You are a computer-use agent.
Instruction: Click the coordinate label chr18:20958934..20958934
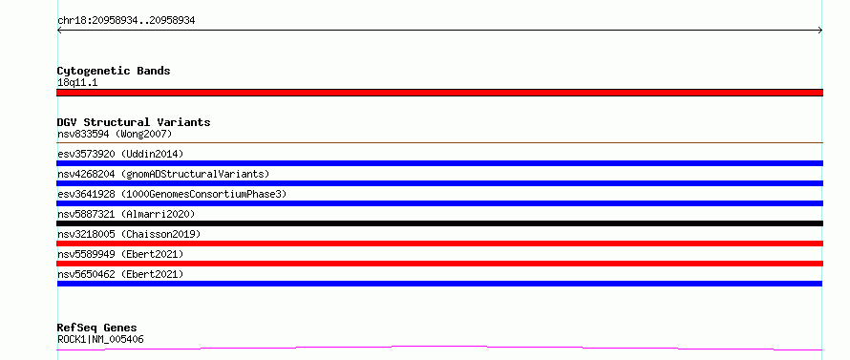pos(126,21)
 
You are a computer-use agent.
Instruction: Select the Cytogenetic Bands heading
pos(114,71)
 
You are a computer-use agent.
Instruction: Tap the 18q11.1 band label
pos(77,83)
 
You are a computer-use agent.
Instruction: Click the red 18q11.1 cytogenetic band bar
pos(439,93)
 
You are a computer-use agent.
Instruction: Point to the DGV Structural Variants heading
pos(134,122)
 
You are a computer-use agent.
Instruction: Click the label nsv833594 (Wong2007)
pos(115,134)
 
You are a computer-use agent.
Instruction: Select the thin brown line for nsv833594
pos(439,142)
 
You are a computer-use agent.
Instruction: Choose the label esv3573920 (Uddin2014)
pos(120,154)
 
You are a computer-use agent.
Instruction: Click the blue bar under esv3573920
pos(439,163)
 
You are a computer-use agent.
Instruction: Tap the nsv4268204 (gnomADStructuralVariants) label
pos(163,174)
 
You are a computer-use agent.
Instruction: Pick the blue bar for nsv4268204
pos(439,183)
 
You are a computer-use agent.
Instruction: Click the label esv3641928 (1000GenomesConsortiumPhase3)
pos(172,194)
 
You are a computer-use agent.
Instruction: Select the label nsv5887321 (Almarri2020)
pos(126,214)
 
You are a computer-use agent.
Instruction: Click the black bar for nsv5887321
pos(439,223)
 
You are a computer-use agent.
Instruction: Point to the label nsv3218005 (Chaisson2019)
pos(129,234)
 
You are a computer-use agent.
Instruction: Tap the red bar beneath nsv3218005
pos(439,244)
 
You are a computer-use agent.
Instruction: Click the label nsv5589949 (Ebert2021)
pos(120,254)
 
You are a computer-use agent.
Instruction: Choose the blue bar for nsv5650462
pos(439,284)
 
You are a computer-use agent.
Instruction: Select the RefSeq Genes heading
pos(97,328)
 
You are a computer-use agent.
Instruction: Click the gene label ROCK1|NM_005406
pos(100,340)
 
